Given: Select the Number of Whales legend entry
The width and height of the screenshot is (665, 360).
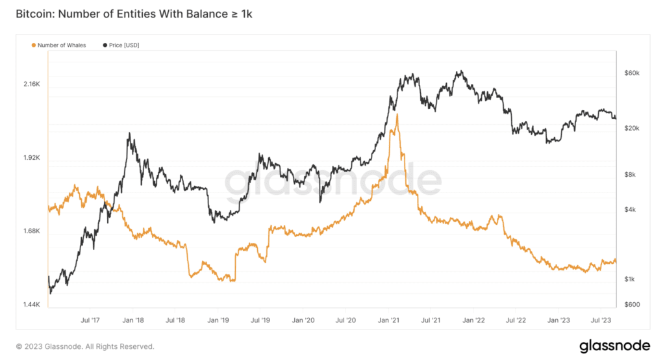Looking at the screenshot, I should [58, 45].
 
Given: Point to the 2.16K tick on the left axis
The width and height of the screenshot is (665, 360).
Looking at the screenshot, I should [32, 84].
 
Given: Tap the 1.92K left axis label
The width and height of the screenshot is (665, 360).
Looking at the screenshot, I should [32, 158].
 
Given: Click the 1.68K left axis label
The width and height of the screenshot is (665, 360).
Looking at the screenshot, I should [32, 231].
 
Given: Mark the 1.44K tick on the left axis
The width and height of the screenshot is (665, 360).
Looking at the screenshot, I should [32, 305].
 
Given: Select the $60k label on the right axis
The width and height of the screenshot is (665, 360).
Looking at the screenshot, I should [631, 73].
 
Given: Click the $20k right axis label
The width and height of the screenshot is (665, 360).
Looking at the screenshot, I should [631, 128].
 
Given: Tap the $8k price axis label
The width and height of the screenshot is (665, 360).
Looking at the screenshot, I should [629, 174].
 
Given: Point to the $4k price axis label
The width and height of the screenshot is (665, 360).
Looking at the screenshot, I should [629, 209].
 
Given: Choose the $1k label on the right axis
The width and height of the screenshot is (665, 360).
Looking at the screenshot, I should [629, 279].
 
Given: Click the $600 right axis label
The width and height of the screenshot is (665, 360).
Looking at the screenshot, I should [631, 305].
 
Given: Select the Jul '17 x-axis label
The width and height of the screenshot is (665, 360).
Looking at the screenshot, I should [90, 320].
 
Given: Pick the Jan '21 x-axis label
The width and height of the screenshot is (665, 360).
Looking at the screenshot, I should [388, 320].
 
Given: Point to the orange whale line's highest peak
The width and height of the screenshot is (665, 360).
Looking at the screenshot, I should [396, 114].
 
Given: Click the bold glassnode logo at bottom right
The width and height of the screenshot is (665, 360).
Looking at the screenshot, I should [611, 346].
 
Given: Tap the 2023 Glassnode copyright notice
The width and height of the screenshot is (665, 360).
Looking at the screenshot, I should [85, 347].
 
